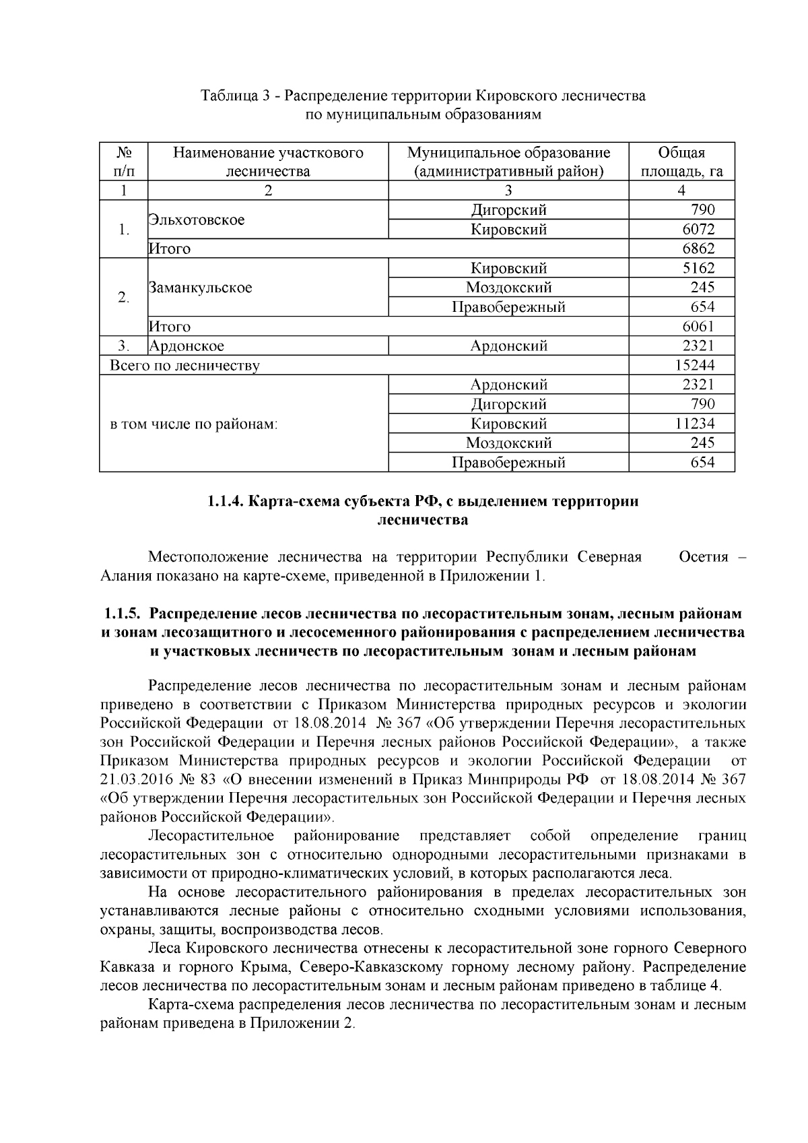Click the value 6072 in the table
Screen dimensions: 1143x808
click(x=698, y=230)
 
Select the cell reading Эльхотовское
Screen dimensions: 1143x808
click(x=197, y=220)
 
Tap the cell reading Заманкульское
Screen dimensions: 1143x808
click(x=200, y=288)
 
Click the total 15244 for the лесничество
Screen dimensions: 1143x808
click(x=694, y=366)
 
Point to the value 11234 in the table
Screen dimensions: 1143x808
click(x=694, y=424)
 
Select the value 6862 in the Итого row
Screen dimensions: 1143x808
click(x=698, y=249)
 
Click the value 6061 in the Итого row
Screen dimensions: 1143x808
click(x=698, y=327)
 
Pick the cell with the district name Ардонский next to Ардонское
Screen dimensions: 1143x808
click(x=508, y=347)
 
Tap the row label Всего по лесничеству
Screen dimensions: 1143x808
click(x=185, y=366)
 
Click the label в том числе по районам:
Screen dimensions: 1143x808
click(x=194, y=425)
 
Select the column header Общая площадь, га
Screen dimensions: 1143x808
click(x=681, y=162)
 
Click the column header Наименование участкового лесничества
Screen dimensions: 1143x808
click(x=268, y=162)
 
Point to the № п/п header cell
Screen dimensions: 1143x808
click(x=123, y=162)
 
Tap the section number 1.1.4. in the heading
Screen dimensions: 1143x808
click(x=227, y=502)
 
